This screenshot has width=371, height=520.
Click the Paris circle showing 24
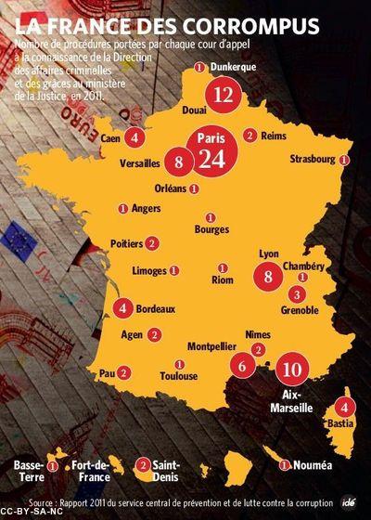pyautogui.click(x=212, y=156)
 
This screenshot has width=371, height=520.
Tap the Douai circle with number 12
pyautogui.click(x=222, y=94)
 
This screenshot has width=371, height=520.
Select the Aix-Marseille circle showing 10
pyautogui.click(x=291, y=368)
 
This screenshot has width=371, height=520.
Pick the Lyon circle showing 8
pyautogui.click(x=268, y=276)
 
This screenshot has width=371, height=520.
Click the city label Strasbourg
pyautogui.click(x=312, y=160)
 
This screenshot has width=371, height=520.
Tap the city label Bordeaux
pyautogui.click(x=156, y=308)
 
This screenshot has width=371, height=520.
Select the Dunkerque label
pyautogui.click(x=233, y=66)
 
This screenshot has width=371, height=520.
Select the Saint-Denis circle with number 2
pyautogui.click(x=143, y=464)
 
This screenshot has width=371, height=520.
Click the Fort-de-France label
pyautogui.click(x=90, y=470)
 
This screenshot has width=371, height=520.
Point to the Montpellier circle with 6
pyautogui.click(x=242, y=366)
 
